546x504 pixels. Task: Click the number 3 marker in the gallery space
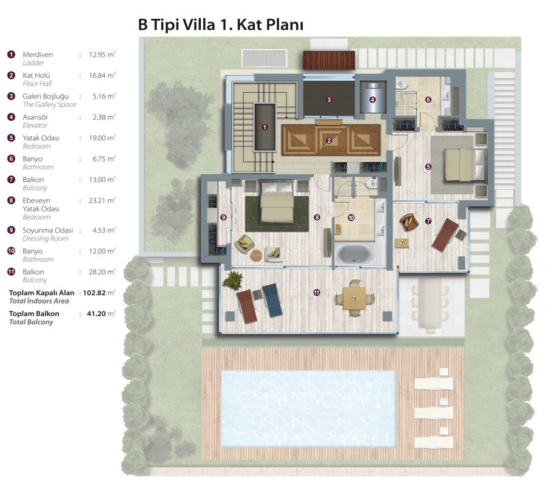tap(329, 100)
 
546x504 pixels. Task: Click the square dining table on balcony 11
tap(354, 298)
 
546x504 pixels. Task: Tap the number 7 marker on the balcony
tap(428, 221)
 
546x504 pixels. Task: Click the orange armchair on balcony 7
tap(409, 222)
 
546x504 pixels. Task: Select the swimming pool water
tap(309, 409)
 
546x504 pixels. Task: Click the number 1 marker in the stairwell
tap(265, 128)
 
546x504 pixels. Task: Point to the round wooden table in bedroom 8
tap(256, 255)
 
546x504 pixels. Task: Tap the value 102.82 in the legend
tap(94, 293)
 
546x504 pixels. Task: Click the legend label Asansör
tap(35, 117)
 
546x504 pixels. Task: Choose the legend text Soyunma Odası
tap(48, 230)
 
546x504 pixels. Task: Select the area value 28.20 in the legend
tap(97, 272)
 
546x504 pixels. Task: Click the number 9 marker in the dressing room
tap(223, 217)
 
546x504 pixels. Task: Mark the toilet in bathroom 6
tap(402, 84)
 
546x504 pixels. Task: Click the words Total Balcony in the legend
tap(31, 322)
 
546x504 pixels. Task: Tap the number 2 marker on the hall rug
tap(329, 141)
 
